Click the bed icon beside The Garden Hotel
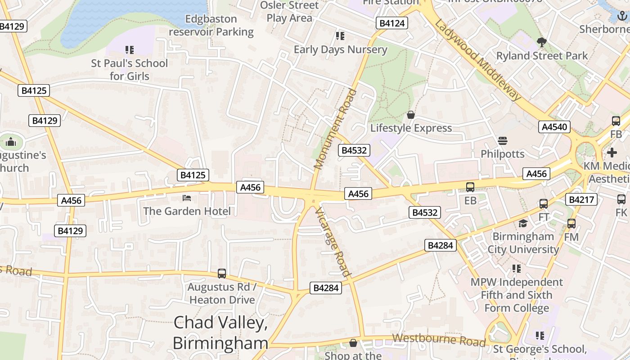pos(187,198)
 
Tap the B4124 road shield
pos(392,23)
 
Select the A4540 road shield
pos(554,127)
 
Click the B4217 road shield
pos(582,199)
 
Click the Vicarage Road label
pos(333,242)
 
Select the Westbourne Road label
pos(439,340)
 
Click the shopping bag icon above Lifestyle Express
pos(410,115)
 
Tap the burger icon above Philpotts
pos(503,141)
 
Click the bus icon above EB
pos(470,187)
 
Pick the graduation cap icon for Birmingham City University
pos(523,224)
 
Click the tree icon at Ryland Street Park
pos(542,43)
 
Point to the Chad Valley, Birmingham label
pos(220,333)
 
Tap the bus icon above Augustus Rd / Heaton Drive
pos(222,274)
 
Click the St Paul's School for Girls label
pos(130,70)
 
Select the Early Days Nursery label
pos(340,49)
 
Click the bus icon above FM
pos(571,224)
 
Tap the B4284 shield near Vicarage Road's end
pos(326,288)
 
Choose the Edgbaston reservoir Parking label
pos(211,26)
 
